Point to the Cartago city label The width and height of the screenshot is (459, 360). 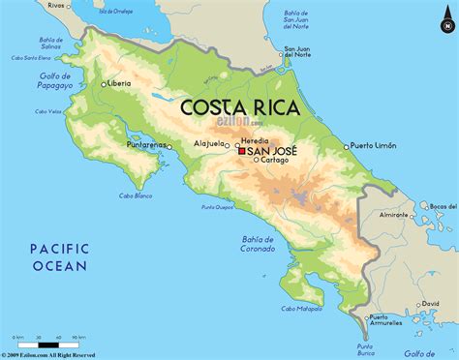[274, 161]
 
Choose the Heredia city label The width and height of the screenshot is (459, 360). [255, 141]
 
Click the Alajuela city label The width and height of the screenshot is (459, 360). [211, 145]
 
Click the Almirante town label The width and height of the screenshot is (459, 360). [396, 214]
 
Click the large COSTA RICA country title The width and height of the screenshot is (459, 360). [240, 105]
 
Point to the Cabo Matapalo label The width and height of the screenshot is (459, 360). [302, 309]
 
